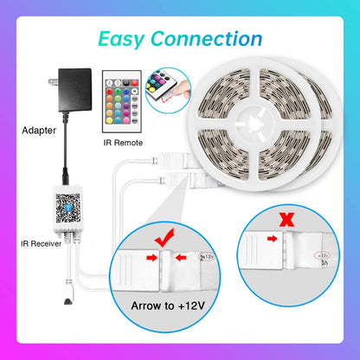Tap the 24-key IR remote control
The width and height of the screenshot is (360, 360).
pyautogui.click(x=119, y=100)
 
